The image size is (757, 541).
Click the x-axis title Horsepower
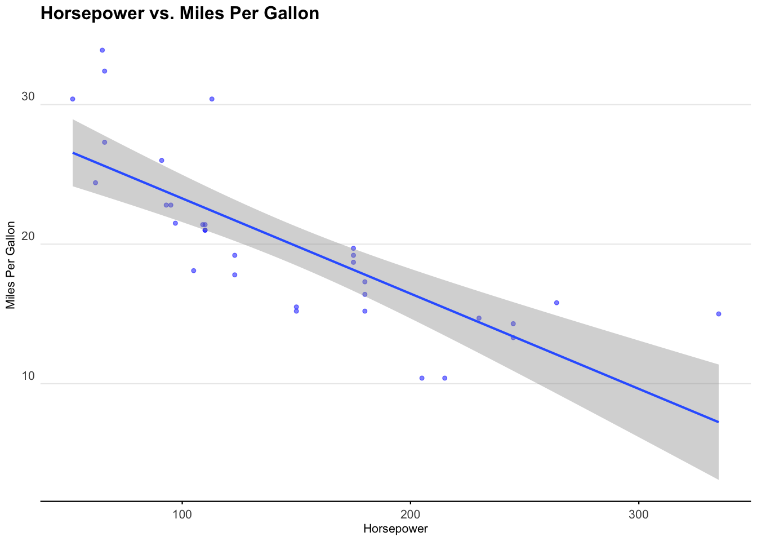(395, 529)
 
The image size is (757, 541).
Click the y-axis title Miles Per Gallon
(10, 265)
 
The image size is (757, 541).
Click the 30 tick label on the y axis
(28, 97)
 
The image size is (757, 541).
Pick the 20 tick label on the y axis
(28, 237)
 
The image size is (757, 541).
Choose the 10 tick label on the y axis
(28, 376)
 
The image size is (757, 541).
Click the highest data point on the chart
(102, 50)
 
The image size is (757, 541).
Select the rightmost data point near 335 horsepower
(718, 314)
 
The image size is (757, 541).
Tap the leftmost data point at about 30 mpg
(73, 99)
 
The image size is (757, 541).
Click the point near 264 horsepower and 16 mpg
(556, 303)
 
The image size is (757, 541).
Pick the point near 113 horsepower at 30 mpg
(212, 99)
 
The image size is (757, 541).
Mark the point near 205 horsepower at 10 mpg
(422, 378)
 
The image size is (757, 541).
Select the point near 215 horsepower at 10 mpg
(444, 378)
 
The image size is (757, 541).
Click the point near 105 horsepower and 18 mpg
(194, 270)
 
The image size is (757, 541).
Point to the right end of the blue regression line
(718, 422)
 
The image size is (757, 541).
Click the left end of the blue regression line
(73, 153)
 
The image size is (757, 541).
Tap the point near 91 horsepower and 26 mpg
(162, 161)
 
